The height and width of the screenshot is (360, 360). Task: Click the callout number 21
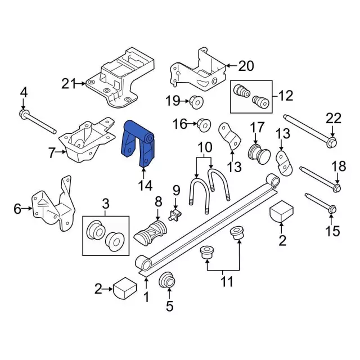(68, 84)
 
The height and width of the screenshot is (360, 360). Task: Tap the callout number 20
(246, 66)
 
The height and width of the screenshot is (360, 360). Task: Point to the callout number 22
(334, 119)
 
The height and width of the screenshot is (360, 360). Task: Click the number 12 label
(285, 96)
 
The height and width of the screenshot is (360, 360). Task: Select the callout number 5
(169, 307)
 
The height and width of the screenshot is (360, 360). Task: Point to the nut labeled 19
(197, 101)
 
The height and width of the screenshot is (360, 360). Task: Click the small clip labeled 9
(175, 213)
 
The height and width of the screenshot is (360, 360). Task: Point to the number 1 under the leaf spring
(147, 297)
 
